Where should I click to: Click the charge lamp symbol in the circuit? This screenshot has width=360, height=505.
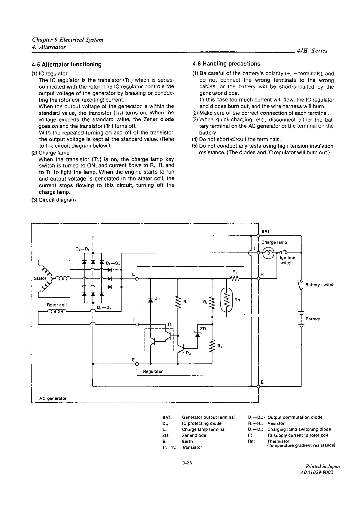coord(268,253)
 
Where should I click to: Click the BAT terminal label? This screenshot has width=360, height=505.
coord(265,231)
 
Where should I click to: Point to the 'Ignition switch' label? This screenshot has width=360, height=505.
coord(287,260)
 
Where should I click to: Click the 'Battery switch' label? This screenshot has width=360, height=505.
coord(320,285)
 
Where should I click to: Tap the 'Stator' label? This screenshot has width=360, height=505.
coord(40,278)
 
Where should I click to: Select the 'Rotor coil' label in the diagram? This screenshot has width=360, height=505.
coord(57,305)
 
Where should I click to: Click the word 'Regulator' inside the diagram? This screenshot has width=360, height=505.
coord(153,371)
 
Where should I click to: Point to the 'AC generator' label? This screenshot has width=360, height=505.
coord(53,398)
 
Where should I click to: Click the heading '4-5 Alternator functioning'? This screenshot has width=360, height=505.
coord(66,65)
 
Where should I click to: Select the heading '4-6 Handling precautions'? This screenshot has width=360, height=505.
coord(226,64)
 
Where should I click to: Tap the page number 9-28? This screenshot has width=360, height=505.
coord(187,463)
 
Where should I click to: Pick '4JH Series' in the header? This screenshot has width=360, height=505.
coord(312,51)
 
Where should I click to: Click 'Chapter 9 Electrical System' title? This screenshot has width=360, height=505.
coord(68,40)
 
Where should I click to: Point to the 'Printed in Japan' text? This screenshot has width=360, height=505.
coord(322,467)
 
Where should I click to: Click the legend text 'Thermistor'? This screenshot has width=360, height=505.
coord(278,441)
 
